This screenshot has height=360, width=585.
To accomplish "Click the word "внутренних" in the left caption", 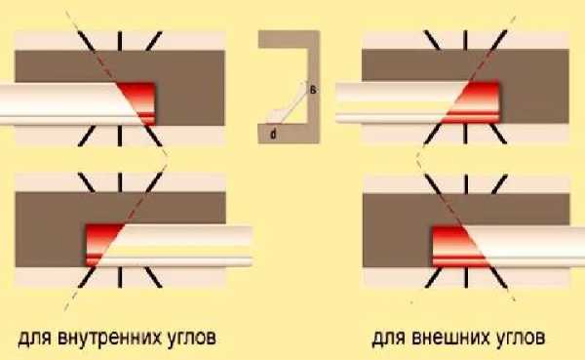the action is [x=108, y=338].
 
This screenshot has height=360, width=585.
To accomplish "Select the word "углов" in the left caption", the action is [x=190, y=339].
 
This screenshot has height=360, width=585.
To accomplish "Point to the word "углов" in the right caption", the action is [x=520, y=339].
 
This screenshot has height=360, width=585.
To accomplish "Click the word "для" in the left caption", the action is [x=35, y=339].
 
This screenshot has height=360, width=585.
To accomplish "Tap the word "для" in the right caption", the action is [x=389, y=339].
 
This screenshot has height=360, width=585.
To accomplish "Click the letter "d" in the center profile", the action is [x=273, y=134].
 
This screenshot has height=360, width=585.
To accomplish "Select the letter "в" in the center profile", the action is [x=313, y=90].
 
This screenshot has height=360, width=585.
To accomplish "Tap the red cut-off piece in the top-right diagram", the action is [x=478, y=102].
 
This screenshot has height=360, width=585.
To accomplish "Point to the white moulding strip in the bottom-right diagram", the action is [x=529, y=247].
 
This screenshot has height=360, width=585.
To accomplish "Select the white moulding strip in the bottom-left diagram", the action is [x=179, y=245].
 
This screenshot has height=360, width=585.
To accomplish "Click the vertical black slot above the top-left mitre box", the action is [x=119, y=41].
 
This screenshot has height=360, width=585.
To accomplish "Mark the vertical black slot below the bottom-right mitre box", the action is [x=466, y=277].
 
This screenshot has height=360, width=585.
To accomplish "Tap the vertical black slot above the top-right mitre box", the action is [x=465, y=40].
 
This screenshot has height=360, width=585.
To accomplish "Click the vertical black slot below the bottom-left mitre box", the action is [x=119, y=277].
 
